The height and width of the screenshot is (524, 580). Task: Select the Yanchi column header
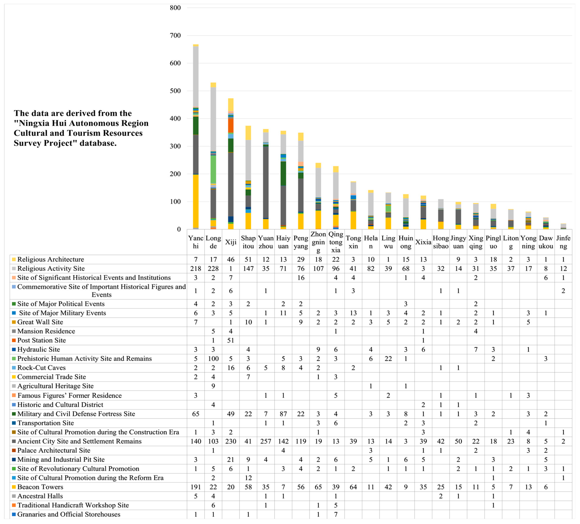(x=196, y=242)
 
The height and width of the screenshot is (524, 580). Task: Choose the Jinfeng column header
(x=563, y=242)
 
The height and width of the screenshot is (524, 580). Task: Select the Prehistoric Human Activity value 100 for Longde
(x=213, y=359)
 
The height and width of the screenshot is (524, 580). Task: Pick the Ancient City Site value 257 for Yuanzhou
(x=265, y=441)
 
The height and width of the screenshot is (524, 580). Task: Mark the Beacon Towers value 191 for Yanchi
(x=196, y=487)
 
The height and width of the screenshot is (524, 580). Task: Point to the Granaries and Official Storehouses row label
(x=69, y=514)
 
